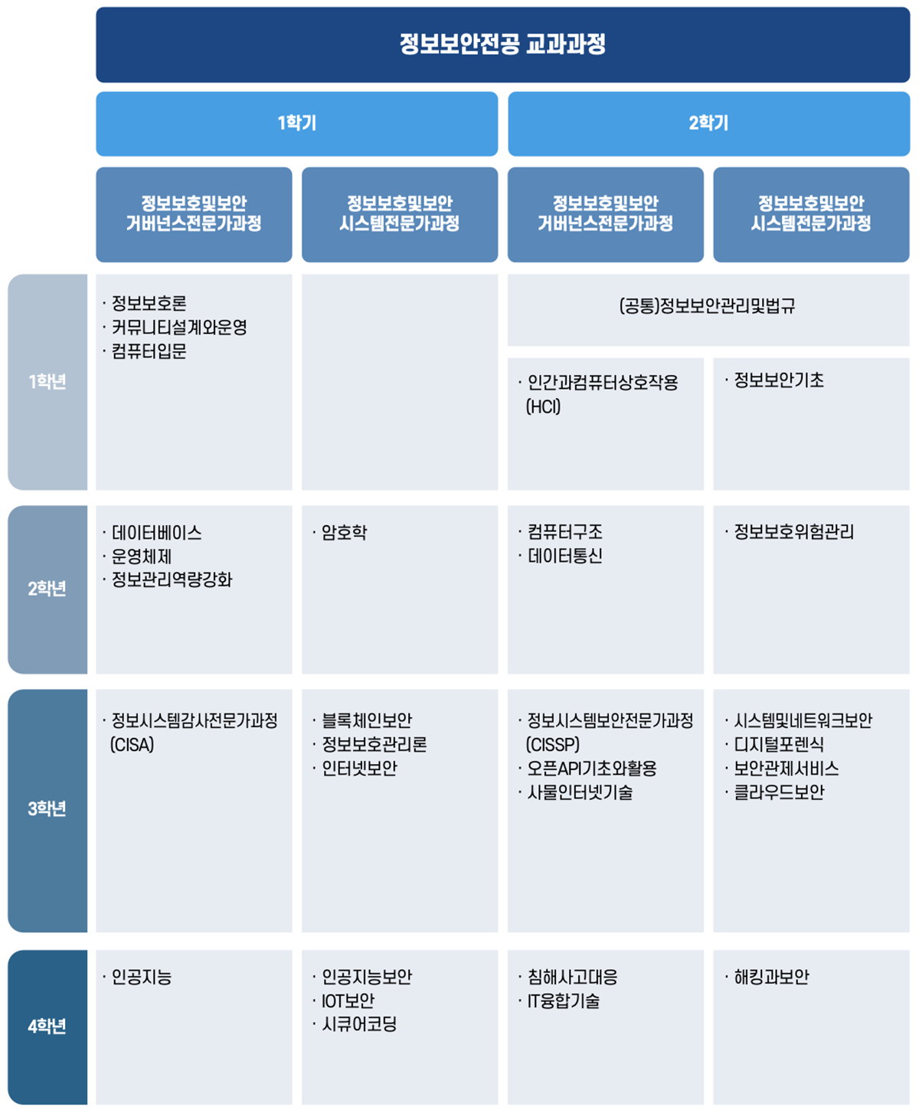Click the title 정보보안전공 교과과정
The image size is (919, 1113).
pyautogui.click(x=502, y=44)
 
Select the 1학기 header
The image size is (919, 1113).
pyautogui.click(x=296, y=123)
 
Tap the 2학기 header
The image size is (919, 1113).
pyautogui.click(x=708, y=123)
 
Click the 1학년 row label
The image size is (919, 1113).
pyautogui.click(x=47, y=381)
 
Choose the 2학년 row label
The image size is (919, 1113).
pyautogui.click(x=47, y=589)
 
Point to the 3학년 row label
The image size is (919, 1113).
pyautogui.click(x=47, y=809)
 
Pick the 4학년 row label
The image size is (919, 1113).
pyautogui.click(x=47, y=1027)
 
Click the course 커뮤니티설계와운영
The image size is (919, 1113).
pyautogui.click(x=179, y=328)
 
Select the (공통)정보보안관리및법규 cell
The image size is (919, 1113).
pyautogui.click(x=708, y=306)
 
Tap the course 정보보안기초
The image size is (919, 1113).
pyautogui.click(x=779, y=380)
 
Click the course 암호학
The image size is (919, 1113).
pyautogui.click(x=345, y=532)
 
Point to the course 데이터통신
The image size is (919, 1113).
pyautogui.click(x=565, y=556)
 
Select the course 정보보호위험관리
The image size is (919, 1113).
pyautogui.click(x=793, y=532)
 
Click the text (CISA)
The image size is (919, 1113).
pyautogui.click(x=132, y=745)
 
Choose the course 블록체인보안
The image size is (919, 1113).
pyautogui.click(x=367, y=720)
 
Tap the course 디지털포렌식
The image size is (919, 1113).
pyautogui.click(x=779, y=745)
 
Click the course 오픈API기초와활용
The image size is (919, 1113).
pyautogui.click(x=592, y=769)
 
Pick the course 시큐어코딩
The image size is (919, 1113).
pyautogui.click(x=359, y=1025)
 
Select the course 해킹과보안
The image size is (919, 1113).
pyautogui.click(x=771, y=977)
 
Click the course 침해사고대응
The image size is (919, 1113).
pyautogui.click(x=572, y=977)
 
